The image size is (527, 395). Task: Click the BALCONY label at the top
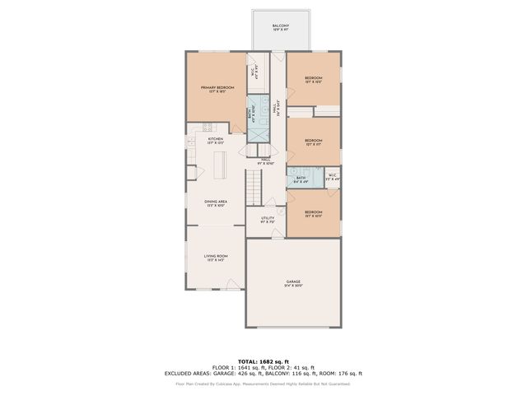[x=281, y=27]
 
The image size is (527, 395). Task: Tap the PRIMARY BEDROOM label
[x=217, y=89]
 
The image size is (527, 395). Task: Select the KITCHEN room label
[x=216, y=141]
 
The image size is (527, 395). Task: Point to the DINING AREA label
[x=216, y=202]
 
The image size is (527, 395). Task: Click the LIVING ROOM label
[x=216, y=258]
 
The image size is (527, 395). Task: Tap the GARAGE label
[x=293, y=283]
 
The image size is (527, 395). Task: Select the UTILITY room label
[x=268, y=220]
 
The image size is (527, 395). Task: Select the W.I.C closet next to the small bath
[x=332, y=177]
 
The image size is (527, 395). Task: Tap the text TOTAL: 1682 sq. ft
[x=263, y=360]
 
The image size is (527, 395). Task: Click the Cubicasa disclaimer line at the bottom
[x=263, y=383]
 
